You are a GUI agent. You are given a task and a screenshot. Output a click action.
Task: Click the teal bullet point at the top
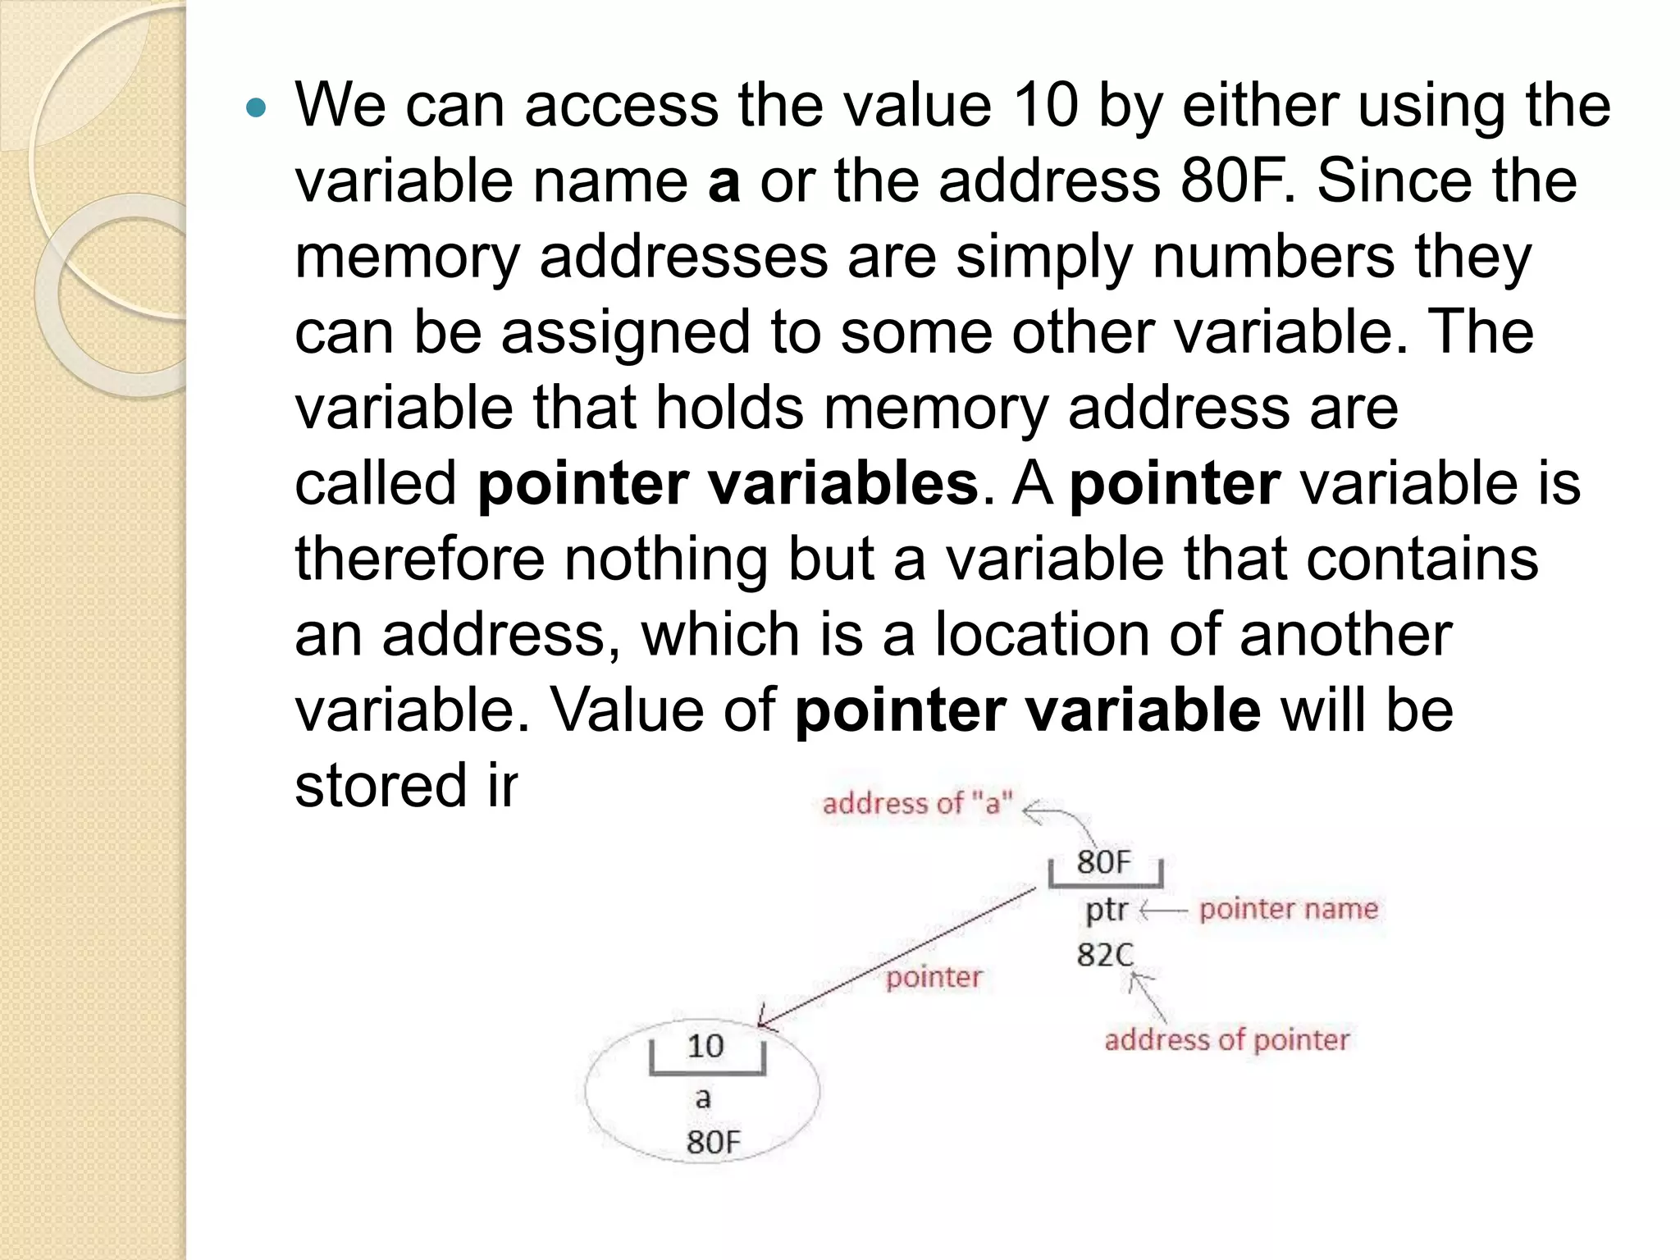coord(257,107)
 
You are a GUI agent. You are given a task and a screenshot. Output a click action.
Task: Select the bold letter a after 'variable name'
coord(724,181)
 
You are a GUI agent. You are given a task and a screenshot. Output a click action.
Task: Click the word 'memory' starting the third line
coord(407,258)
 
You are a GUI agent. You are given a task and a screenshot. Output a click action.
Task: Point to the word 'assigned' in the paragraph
coord(626,333)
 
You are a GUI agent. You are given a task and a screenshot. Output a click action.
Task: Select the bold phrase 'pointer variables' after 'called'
coord(728,484)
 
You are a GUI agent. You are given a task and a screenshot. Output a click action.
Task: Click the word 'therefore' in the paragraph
coord(419,559)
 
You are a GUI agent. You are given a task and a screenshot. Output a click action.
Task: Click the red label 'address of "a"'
coord(918,803)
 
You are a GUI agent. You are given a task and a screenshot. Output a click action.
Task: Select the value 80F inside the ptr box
coord(1103,862)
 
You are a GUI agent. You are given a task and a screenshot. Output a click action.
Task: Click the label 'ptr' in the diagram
coord(1107,910)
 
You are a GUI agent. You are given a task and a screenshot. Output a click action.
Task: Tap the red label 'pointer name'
coord(1288,909)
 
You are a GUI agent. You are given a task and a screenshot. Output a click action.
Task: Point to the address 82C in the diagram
coord(1104,955)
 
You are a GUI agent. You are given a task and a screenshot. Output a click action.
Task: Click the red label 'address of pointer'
coord(1226,1040)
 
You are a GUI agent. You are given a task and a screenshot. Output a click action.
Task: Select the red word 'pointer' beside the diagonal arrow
coord(934,977)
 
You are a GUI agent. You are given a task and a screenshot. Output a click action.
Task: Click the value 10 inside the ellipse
coord(705,1047)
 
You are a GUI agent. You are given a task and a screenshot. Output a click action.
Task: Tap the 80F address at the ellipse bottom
coord(713,1142)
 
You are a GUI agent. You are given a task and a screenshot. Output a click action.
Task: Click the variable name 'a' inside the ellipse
coord(703,1098)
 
